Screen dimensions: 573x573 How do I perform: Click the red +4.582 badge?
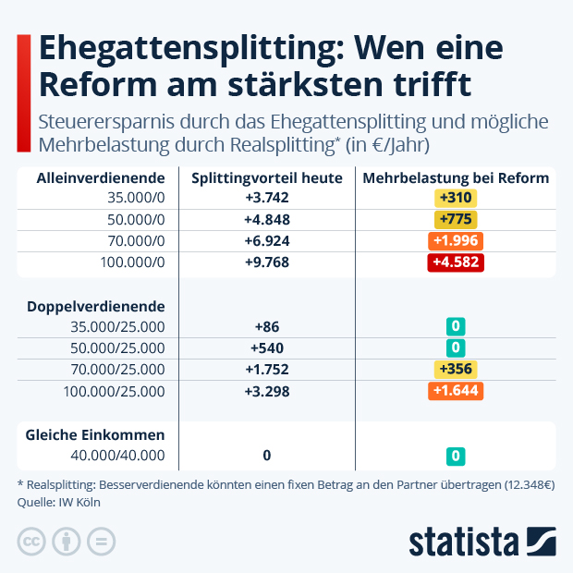point(456,262)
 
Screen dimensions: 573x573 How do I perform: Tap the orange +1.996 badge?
point(456,240)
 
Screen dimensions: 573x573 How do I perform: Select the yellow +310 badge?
point(456,198)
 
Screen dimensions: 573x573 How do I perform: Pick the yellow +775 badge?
point(456,219)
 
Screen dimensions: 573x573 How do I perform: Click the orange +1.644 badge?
point(456,391)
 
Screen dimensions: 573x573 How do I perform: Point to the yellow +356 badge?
point(456,370)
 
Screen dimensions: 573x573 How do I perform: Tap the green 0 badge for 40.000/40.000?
point(456,456)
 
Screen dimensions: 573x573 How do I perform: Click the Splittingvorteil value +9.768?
point(267,262)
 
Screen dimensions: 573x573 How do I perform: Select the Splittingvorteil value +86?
point(267,326)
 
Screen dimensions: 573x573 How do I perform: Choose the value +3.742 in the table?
point(267,198)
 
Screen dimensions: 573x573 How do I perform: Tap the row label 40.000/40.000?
point(118,456)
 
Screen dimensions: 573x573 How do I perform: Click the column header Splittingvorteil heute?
point(267,177)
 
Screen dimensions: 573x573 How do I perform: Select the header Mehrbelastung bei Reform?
point(456,177)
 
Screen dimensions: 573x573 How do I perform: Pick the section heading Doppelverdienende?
point(95,306)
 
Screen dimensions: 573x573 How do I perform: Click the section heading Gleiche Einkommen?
point(95,434)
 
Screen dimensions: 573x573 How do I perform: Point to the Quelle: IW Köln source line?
point(58,502)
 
